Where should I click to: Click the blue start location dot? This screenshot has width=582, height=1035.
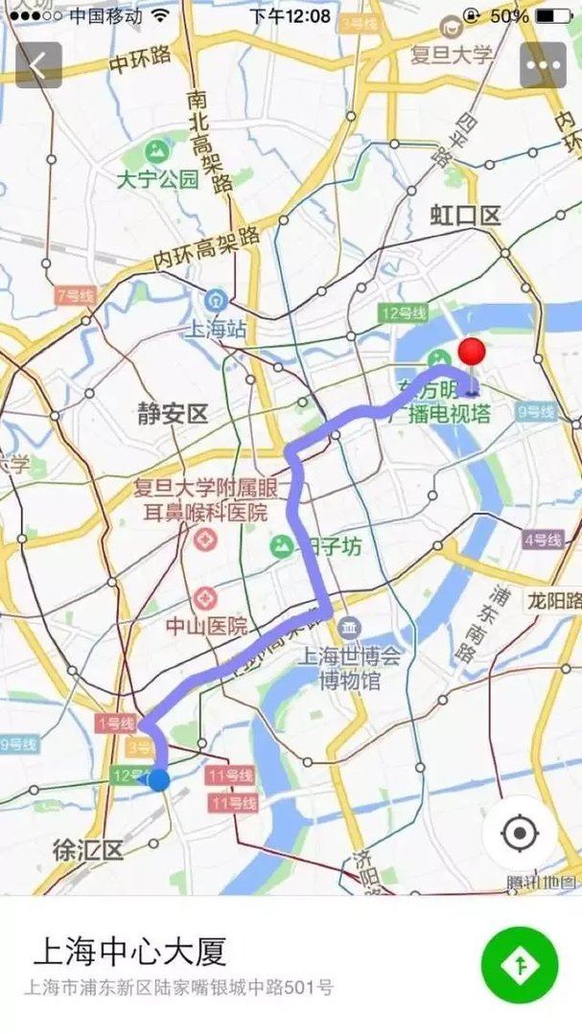pyautogui.click(x=159, y=780)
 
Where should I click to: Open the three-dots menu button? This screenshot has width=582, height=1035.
pyautogui.click(x=543, y=66)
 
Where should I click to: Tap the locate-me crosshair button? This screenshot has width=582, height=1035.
pyautogui.click(x=520, y=834)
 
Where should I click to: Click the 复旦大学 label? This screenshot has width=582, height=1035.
pyautogui.click(x=452, y=54)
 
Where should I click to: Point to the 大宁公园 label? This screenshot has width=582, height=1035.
pyautogui.click(x=157, y=178)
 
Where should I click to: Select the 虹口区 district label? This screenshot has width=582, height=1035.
pyautogui.click(x=466, y=215)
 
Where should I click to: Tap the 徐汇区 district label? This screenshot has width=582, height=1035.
pyautogui.click(x=88, y=849)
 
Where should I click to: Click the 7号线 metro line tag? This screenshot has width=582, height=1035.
pyautogui.click(x=74, y=295)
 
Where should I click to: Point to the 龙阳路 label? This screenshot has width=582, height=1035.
pyautogui.click(x=553, y=601)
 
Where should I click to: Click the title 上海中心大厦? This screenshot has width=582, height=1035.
pyautogui.click(x=129, y=952)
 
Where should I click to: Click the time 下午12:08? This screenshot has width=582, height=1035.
pyautogui.click(x=290, y=16)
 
